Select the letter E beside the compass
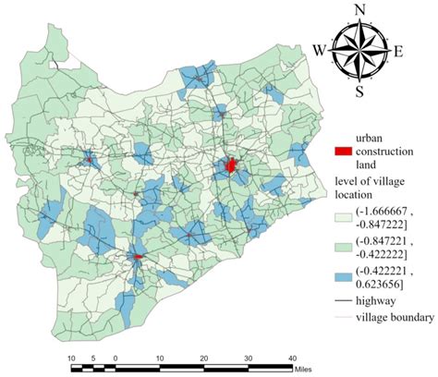pos(398,51)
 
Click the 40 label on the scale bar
pos(291,357)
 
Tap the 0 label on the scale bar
pos(116,357)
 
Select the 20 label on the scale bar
pos(203,357)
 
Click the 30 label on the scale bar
pos(248,357)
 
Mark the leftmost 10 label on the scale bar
pos(71,357)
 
